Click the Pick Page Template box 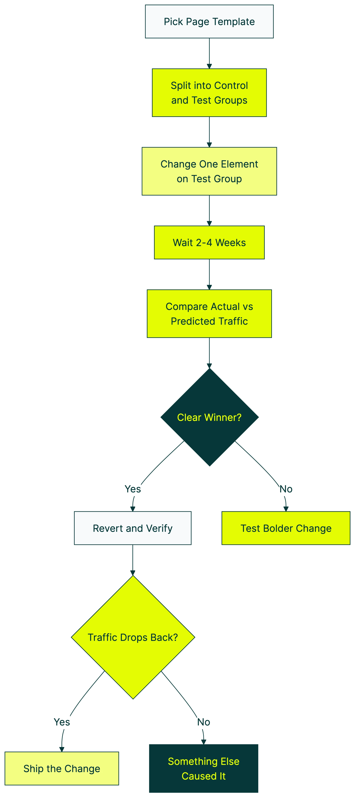(x=209, y=22)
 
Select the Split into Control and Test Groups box (x=209, y=93)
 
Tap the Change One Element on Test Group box (x=209, y=171)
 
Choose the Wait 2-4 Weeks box (x=209, y=242)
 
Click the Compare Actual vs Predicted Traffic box (x=209, y=314)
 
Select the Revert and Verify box (x=133, y=528)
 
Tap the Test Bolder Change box (x=286, y=528)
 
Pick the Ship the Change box (x=62, y=768)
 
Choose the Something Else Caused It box (x=204, y=768)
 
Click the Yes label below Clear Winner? (x=133, y=489)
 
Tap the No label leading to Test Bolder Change (x=286, y=489)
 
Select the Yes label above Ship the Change (x=62, y=722)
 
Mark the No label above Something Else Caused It (x=204, y=722)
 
